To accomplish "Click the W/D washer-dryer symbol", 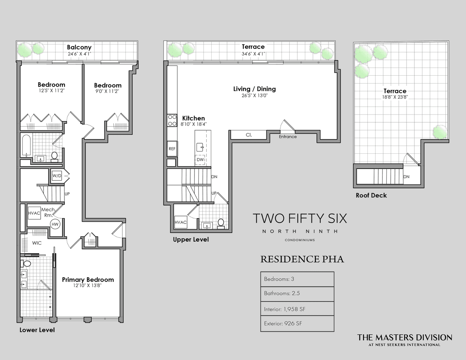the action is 57,176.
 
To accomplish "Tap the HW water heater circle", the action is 55,224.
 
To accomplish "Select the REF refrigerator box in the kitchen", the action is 172,149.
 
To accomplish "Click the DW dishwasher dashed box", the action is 200,160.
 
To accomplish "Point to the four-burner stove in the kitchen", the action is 172,120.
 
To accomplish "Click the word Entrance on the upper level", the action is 288,137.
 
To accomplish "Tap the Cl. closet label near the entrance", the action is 249,135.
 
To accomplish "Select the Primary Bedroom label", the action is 88,280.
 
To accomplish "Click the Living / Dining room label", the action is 254,89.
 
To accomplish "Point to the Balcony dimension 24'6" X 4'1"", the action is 80,54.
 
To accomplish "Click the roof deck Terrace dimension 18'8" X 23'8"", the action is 395,97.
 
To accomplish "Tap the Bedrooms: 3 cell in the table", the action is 297,279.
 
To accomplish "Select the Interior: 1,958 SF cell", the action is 297,308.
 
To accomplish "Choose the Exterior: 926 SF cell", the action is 297,323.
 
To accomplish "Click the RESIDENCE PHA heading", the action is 302,259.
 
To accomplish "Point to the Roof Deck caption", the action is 371,195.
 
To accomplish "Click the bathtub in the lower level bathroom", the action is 26,145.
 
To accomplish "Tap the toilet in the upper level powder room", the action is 221,223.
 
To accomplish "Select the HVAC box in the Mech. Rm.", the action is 34,213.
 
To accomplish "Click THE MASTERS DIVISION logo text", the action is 405,337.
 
